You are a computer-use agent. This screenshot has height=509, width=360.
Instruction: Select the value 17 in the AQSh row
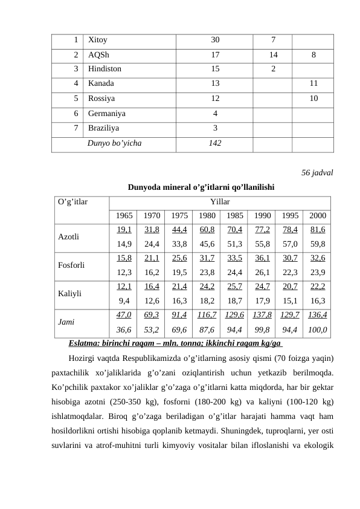tap(216, 55)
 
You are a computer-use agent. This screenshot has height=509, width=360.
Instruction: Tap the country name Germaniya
tap(107, 113)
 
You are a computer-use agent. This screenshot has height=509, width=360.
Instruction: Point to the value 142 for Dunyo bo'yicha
tap(214, 143)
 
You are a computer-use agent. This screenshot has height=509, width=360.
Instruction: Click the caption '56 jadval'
tap(317, 173)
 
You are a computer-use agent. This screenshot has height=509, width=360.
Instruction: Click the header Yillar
tap(220, 201)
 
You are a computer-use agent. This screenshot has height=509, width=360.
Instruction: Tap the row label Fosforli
tap(71, 264)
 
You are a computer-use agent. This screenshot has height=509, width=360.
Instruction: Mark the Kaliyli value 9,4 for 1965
tap(124, 301)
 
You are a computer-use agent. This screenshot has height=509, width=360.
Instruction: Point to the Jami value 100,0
tap(318, 330)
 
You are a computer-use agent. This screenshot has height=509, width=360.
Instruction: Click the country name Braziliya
tap(103, 128)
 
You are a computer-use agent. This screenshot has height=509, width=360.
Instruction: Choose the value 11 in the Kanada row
tap(312, 84)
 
